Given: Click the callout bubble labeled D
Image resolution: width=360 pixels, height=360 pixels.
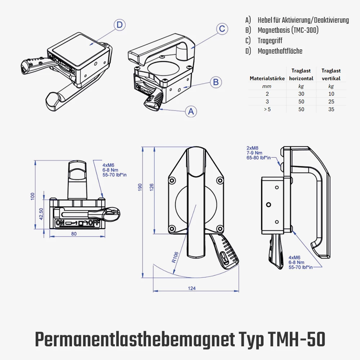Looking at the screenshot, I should click(120, 25).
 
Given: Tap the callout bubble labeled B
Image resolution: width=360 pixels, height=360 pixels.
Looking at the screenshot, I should click(216, 82).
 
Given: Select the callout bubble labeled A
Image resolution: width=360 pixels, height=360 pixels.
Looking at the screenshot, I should click(191, 112).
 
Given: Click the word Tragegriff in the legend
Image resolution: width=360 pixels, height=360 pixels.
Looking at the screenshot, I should click(270, 40).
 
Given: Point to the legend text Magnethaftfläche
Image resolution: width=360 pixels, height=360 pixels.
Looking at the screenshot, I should click(280, 51).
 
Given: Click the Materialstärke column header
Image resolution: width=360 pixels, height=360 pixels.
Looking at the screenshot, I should click(267, 78).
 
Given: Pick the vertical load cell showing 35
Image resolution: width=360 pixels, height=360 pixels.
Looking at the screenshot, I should click(331, 109).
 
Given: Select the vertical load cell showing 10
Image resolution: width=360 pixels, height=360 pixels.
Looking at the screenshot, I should click(331, 94).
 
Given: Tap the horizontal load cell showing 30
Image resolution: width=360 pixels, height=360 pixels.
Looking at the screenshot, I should click(301, 94).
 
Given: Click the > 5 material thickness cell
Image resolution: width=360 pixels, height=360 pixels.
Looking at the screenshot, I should click(267, 109).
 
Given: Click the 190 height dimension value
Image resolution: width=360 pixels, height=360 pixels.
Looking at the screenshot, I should click(140, 187).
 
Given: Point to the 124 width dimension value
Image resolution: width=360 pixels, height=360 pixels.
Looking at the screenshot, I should click(192, 288).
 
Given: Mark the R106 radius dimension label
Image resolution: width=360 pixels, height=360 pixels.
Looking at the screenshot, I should click(175, 257).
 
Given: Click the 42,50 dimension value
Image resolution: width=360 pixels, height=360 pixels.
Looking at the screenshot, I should click(41, 215).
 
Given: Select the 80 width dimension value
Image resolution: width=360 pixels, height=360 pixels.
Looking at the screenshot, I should click(74, 234).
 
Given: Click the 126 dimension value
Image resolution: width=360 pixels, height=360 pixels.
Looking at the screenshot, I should click(152, 187).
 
